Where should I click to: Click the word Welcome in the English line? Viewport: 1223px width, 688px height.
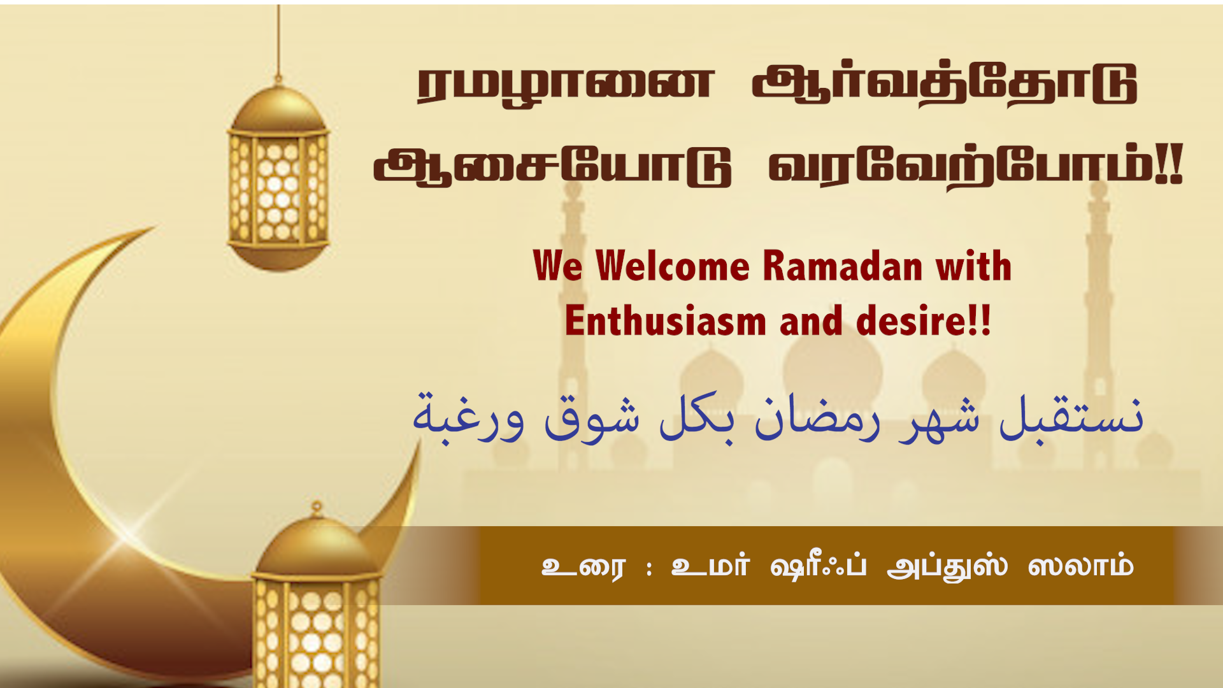point(673,266)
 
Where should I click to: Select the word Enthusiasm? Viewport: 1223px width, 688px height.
point(665,320)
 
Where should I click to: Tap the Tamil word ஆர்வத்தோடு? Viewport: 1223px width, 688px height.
point(945,84)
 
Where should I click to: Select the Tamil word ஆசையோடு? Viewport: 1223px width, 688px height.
point(552,167)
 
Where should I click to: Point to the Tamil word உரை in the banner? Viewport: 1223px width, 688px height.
point(583,566)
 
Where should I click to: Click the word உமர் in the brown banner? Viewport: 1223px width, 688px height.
point(710,566)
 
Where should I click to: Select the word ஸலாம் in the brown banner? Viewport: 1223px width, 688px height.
point(1081,566)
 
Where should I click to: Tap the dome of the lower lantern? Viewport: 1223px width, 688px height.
point(317,545)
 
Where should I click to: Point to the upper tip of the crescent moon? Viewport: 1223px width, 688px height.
point(155,226)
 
